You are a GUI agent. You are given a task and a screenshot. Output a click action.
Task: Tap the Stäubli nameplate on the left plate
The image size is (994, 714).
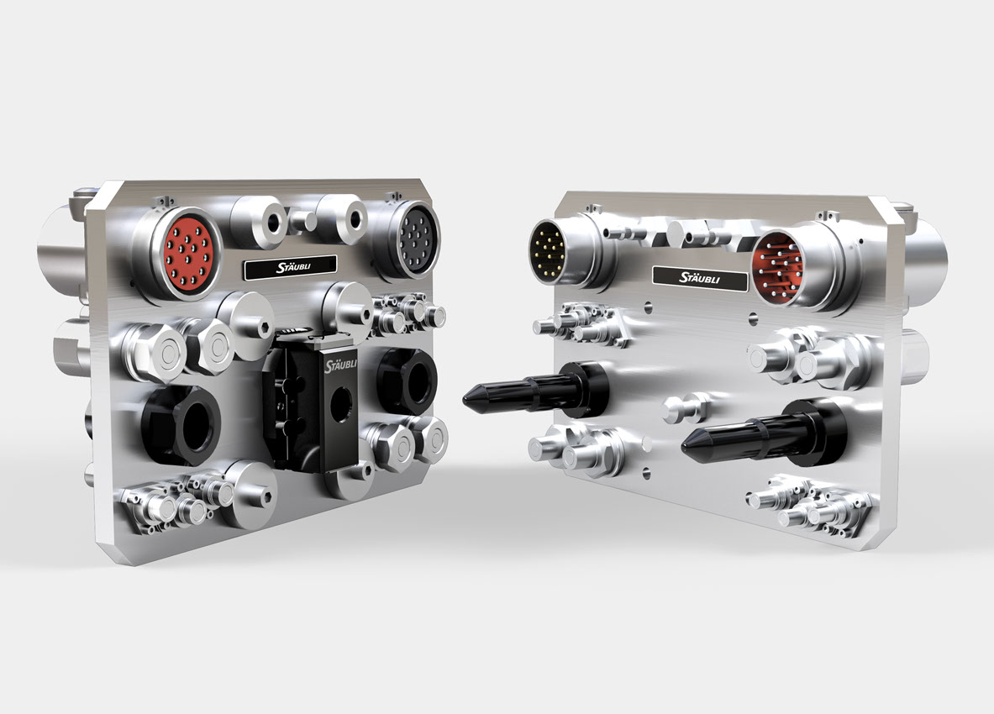291,267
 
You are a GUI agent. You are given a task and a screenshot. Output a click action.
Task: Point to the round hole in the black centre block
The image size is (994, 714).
343,402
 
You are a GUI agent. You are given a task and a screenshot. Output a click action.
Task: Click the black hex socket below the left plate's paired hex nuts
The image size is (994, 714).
182,424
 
